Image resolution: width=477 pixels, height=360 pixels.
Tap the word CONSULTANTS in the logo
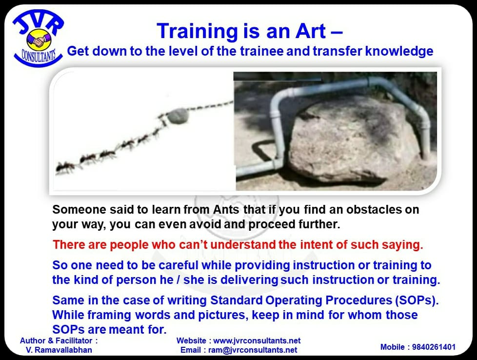click(x=39, y=56)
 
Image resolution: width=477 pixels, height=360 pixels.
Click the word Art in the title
click(x=311, y=31)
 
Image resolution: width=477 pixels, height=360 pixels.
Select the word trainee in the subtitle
click(x=261, y=51)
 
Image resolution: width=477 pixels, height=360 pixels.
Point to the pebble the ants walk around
click(x=179, y=116)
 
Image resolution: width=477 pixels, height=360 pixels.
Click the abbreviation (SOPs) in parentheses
click(x=417, y=300)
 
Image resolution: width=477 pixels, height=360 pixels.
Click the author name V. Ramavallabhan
click(x=59, y=350)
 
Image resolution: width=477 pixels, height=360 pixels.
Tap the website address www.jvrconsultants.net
click(x=257, y=340)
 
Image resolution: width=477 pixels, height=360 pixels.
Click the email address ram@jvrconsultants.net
click(x=253, y=350)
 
